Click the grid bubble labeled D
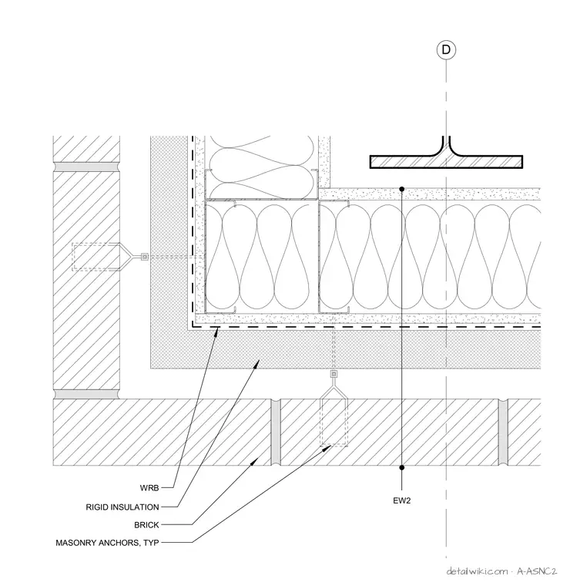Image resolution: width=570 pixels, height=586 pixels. click(x=446, y=49)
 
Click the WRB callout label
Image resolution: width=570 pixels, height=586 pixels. click(x=149, y=488)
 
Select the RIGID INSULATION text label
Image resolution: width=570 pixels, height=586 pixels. click(x=122, y=507)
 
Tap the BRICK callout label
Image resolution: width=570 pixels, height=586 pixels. click(x=146, y=525)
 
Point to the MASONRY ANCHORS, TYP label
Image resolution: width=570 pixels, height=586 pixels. click(x=108, y=543)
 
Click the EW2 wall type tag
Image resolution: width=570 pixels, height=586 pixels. click(x=401, y=500)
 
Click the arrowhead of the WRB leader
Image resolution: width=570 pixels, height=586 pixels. click(x=218, y=330)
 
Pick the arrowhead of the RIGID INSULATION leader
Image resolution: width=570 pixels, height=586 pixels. click(x=256, y=362)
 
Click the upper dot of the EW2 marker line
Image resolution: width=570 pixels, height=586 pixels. click(x=401, y=189)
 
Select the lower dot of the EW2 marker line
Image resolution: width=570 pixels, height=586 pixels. click(x=401, y=467)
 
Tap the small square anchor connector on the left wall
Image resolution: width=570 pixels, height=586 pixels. click(x=145, y=257)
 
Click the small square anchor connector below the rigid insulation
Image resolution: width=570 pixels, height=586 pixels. click(x=334, y=374)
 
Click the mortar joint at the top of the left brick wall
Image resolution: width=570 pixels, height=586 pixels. click(x=86, y=167)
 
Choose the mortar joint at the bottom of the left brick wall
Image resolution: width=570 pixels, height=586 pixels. click(x=86, y=394)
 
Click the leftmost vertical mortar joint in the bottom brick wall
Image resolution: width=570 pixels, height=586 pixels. click(x=276, y=432)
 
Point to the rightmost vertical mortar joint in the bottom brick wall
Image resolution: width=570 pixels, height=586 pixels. click(x=503, y=432)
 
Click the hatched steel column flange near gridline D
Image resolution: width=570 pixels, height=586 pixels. click(x=446, y=162)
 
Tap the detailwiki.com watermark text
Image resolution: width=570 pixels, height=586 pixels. click(x=478, y=571)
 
